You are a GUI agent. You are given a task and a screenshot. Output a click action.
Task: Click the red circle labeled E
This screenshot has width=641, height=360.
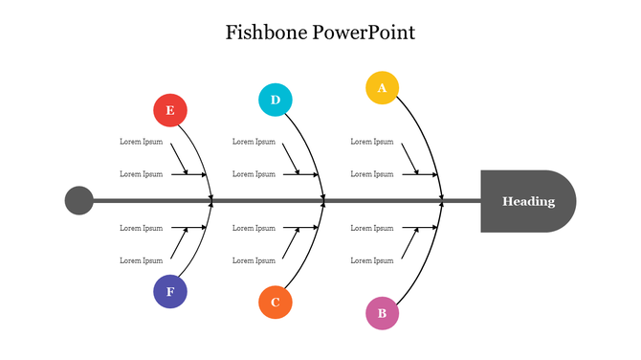[170, 110]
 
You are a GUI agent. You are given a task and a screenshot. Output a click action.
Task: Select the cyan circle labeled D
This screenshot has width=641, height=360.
[276, 100]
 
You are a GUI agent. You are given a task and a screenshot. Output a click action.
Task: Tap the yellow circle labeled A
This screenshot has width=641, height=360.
[382, 87]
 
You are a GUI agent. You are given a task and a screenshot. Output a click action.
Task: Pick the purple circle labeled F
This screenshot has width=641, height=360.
[170, 291]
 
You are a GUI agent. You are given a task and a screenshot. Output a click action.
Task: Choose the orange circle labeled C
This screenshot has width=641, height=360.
[276, 302]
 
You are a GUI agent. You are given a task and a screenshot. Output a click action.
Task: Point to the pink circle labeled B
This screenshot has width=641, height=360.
[382, 313]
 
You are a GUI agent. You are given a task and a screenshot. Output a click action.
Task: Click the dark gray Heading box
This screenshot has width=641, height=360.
[527, 201]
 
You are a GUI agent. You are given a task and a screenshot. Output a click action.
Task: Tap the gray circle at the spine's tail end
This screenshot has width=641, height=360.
[79, 201]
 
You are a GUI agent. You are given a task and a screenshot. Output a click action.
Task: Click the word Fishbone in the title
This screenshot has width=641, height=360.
[264, 33]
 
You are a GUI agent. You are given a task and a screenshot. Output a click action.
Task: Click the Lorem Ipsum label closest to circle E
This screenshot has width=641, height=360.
[141, 142]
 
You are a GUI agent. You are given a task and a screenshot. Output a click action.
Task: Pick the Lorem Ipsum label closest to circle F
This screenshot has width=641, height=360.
[141, 260]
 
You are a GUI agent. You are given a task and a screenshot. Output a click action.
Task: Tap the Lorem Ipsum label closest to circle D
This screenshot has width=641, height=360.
[254, 142]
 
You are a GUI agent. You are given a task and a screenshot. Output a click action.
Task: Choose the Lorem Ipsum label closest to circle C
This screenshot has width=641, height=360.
[254, 260]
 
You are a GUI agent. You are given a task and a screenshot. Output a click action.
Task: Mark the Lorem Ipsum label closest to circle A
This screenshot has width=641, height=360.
[371, 142]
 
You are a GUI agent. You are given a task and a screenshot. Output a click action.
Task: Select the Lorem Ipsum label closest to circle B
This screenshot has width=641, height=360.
[371, 260]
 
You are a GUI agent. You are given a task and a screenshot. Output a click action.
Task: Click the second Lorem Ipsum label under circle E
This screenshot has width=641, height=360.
[141, 174]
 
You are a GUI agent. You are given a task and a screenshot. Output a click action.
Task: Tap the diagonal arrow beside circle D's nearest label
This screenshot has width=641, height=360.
[291, 158]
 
